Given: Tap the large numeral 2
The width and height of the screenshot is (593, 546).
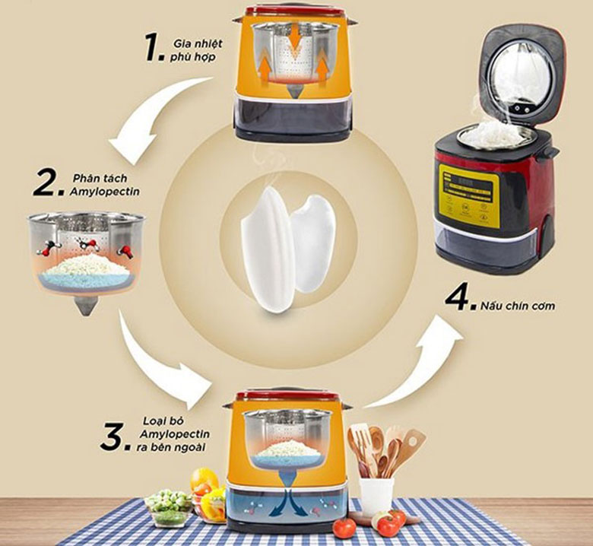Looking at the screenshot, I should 46,183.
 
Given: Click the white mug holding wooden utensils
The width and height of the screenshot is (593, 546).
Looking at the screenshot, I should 376,495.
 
